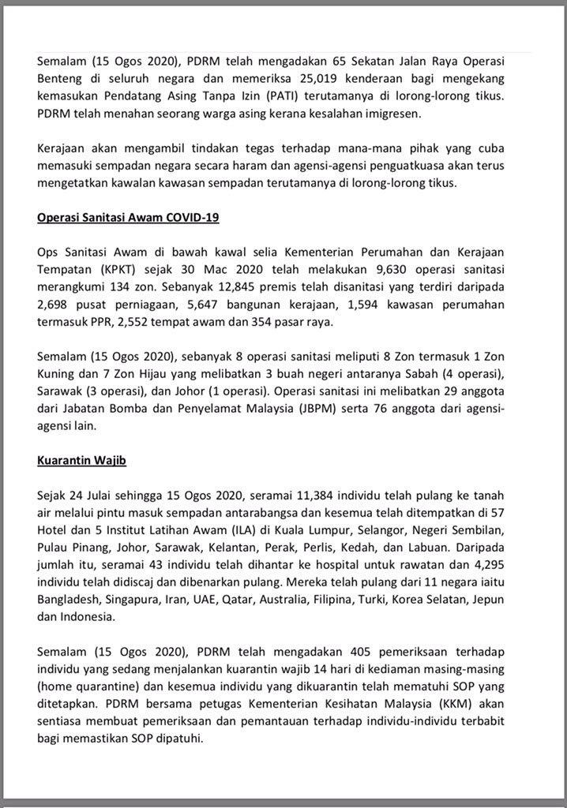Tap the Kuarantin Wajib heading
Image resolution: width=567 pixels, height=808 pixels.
tap(81, 459)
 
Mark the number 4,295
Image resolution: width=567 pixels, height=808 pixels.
tap(513, 564)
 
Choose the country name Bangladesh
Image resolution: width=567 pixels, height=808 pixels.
tap(69, 600)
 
